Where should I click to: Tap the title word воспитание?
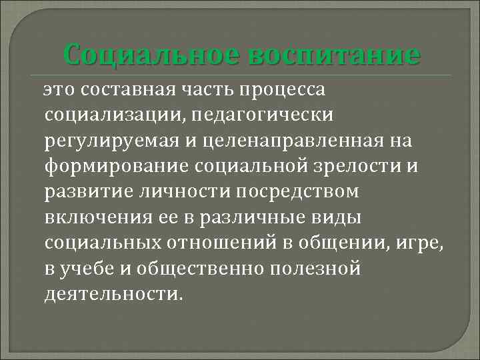tap(334, 53)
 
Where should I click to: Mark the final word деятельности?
tap(112, 295)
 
